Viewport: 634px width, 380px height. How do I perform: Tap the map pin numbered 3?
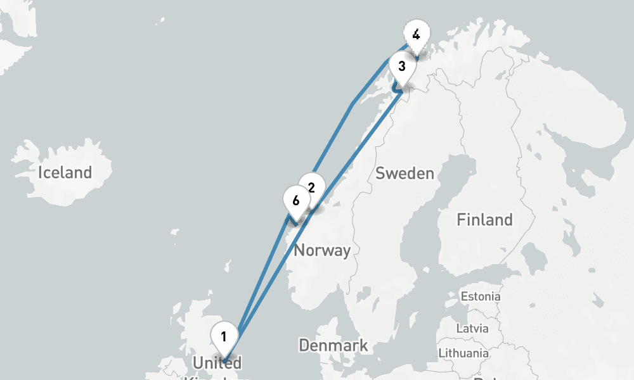click(401, 66)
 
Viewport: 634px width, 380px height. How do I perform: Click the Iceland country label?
click(65, 172)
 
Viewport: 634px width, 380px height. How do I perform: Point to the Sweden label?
click(404, 174)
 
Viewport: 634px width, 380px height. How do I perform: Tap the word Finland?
click(484, 220)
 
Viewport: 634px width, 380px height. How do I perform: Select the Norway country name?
click(322, 250)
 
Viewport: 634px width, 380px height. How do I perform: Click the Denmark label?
click(333, 346)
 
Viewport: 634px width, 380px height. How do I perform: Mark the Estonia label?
click(480, 296)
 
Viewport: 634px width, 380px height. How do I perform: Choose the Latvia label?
click(472, 329)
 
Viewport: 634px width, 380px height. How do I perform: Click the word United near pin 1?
click(217, 364)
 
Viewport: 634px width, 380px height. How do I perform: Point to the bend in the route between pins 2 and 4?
click(352, 104)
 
